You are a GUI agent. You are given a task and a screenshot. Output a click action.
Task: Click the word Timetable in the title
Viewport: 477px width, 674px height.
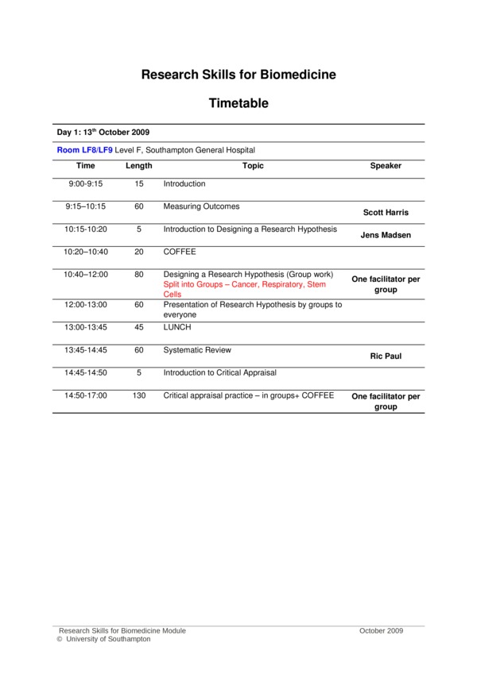click(238, 103)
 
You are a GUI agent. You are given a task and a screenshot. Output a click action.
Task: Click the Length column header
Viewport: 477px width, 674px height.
click(139, 166)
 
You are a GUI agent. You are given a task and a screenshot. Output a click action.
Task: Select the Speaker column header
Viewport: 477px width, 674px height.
click(386, 166)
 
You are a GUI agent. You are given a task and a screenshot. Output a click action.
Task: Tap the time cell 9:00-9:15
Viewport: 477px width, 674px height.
click(86, 184)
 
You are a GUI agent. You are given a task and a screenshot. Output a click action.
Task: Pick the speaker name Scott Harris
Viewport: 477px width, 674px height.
click(386, 213)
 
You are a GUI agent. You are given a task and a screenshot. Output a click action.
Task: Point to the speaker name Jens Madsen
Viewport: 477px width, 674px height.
click(386, 236)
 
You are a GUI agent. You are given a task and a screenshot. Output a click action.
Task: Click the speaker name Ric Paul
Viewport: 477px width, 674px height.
click(386, 356)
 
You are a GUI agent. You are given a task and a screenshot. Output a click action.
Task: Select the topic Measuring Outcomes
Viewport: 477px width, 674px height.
click(201, 206)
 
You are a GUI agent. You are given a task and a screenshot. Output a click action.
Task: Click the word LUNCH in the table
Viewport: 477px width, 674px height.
click(177, 327)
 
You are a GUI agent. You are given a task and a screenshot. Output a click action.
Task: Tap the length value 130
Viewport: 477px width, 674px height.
click(139, 395)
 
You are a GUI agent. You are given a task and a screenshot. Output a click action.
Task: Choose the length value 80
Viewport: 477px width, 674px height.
click(139, 275)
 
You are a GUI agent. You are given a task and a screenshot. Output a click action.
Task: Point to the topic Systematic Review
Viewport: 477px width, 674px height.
click(196, 350)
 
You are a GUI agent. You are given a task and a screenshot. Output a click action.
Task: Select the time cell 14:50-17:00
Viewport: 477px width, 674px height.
click(86, 395)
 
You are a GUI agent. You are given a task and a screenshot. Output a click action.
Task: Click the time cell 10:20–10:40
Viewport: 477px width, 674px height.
click(86, 252)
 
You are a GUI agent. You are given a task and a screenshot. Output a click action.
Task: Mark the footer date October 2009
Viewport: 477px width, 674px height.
click(382, 630)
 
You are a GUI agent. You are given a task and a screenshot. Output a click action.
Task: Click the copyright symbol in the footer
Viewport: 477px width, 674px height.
click(60, 639)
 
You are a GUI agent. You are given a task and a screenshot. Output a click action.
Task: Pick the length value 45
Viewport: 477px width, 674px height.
click(139, 327)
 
